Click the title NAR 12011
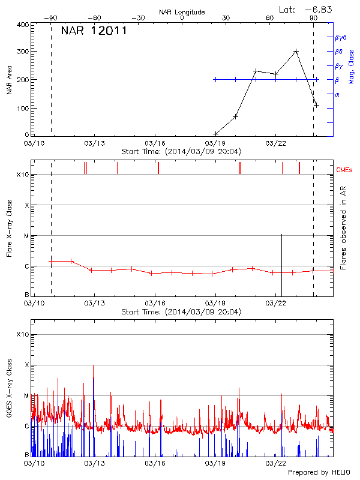click(94, 31)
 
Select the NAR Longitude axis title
click(182, 12)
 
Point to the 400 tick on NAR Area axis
click(23, 25)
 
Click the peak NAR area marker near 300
click(296, 52)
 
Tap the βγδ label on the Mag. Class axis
click(340, 37)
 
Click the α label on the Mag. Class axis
click(337, 94)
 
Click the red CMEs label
click(346, 170)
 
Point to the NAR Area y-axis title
click(10, 80)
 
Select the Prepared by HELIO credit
click(319, 472)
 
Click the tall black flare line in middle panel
click(282, 264)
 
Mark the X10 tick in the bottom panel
click(22, 334)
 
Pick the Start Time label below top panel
click(181, 151)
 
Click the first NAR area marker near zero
click(216, 133)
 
